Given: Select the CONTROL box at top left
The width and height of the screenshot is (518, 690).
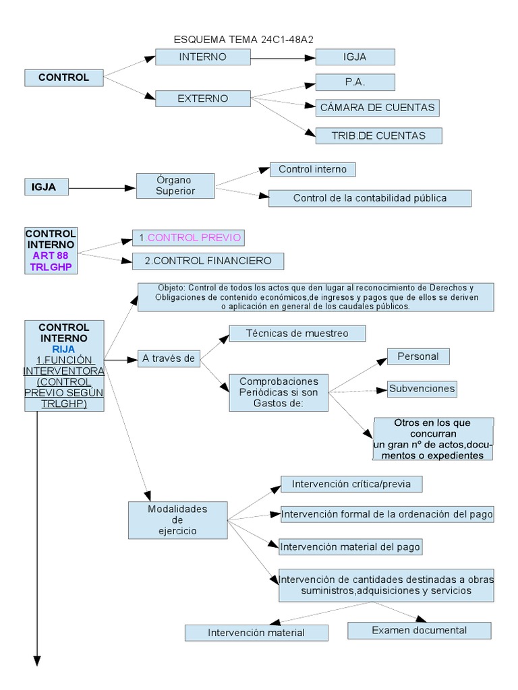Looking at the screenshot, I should pos(64,77).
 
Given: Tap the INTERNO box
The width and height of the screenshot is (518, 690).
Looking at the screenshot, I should pos(202,57).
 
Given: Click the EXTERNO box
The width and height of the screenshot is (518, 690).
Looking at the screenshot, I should pos(202,98).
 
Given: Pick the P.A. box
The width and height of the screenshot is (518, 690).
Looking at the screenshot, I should pos(355,82).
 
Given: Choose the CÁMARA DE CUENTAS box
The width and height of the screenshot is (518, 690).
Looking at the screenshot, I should pos(378,107).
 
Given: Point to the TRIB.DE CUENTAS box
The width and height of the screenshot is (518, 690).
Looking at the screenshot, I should pos(378,135).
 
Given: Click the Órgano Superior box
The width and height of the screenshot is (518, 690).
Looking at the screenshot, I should pos(175,185).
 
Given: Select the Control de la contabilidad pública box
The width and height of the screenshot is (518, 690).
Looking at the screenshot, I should pos(370,198).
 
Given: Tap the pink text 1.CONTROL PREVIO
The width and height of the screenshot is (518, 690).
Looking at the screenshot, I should pos(188,238).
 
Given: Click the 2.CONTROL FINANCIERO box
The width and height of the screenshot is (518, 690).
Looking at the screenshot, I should pos(202,261).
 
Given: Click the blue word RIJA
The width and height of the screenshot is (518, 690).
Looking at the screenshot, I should pos(63,349).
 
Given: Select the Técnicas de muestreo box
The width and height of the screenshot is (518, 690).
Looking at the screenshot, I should pos(297,333).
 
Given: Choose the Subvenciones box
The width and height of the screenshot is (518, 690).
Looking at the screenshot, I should pos(422,388).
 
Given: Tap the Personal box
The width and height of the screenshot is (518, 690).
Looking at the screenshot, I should pos(418,356).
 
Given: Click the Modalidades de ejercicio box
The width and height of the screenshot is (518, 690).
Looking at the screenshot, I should pos(177,520).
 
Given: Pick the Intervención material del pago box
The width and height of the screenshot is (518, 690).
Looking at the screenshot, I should pos(350,546).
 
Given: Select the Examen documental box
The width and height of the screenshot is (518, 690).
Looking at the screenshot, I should pos(419,630).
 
